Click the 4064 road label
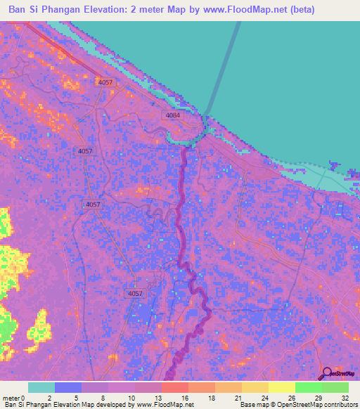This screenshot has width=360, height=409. [x=174, y=115]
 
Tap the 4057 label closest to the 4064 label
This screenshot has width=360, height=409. [x=105, y=82]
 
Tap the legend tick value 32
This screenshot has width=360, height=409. [x=345, y=397]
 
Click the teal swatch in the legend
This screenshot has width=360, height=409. [x=41, y=387]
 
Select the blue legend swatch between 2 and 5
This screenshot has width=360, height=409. [x=68, y=387]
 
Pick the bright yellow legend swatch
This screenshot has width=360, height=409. [x=282, y=387]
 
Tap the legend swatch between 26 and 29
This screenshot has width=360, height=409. [x=309, y=387]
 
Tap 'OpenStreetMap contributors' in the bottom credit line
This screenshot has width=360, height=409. [x=309, y=405]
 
